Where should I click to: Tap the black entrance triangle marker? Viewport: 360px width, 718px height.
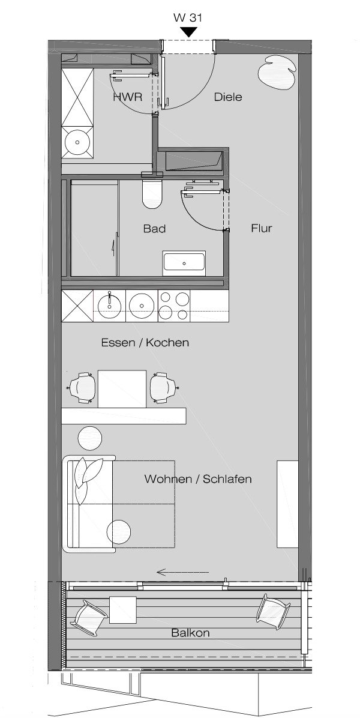[x=190, y=32]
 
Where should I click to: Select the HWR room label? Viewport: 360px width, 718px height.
[x=127, y=97]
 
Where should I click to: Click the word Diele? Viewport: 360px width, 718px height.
[x=228, y=97]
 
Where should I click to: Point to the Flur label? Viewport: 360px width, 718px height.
[x=262, y=228]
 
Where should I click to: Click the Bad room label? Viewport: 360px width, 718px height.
[x=154, y=229]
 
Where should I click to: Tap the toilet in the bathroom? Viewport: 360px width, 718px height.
[x=152, y=195]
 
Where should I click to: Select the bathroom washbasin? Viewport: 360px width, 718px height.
[x=184, y=263]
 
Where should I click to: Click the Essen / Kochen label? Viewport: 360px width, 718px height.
[x=145, y=343]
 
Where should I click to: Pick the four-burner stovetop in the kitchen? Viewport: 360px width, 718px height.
[x=174, y=305]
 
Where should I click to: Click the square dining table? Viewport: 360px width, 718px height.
[x=122, y=388]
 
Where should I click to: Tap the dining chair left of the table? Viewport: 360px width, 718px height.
[x=82, y=388]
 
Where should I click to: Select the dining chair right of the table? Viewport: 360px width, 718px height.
[x=163, y=388]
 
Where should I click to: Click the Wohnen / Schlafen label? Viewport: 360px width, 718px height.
[x=198, y=479]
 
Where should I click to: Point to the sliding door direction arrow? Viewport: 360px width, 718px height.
[x=182, y=572]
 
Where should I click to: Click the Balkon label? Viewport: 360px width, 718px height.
[x=190, y=633]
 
